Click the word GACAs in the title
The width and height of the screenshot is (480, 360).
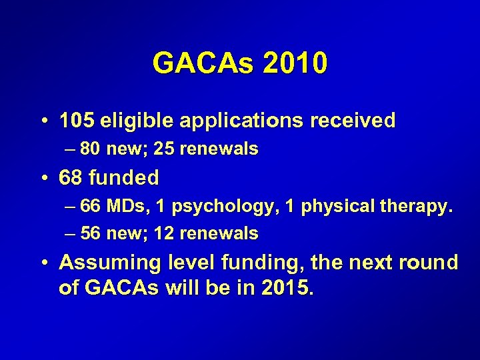[x=204, y=63]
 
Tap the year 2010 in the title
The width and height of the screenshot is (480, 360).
[x=295, y=63]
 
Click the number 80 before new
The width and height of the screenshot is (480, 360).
[x=90, y=149]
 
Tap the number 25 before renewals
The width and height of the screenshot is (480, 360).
[x=164, y=149]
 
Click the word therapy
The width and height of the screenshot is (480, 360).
[x=418, y=207]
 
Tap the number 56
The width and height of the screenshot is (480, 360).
[x=90, y=233]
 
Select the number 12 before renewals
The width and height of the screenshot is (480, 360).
[x=164, y=233]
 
